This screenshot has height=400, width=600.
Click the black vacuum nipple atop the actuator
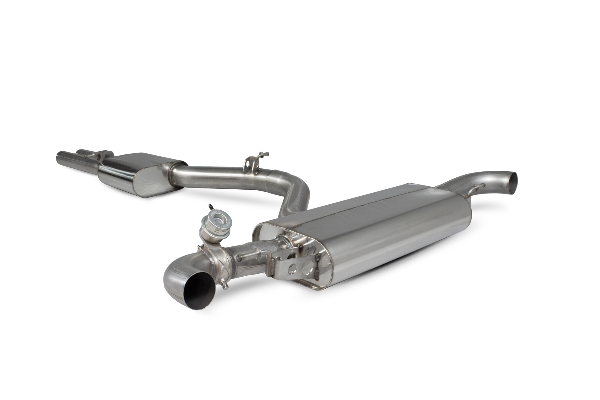click(x=210, y=207)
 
